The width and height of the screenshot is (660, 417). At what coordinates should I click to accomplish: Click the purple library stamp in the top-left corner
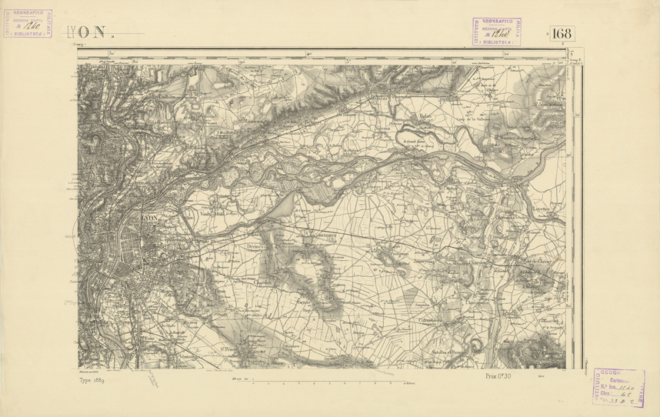coord(28,25)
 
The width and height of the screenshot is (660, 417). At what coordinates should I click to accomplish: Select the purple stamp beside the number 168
coord(496,32)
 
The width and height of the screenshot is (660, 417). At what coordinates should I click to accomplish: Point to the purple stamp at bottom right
coord(619,387)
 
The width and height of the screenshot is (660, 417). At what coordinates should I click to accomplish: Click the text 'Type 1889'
coord(97,379)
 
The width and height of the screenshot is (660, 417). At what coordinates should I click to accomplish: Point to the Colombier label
coord(428,320)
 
